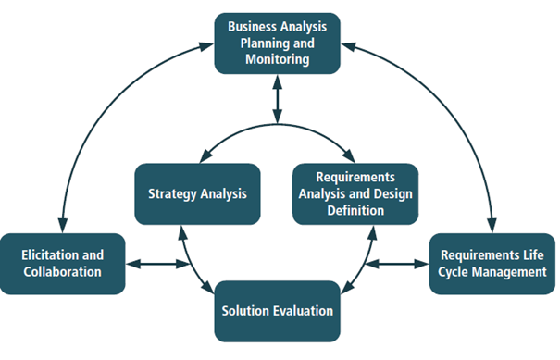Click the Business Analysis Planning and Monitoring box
[277, 43]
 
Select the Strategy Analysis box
[196, 194]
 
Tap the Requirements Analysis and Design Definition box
[355, 193]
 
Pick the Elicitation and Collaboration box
[61, 264]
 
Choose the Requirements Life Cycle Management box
[492, 264]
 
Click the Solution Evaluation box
[277, 311]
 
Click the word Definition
[355, 210]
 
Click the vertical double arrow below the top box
[277, 99]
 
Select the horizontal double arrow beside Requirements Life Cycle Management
[397, 265]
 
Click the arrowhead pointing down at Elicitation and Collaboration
[62, 225]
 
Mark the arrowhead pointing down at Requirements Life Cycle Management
[492, 226]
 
